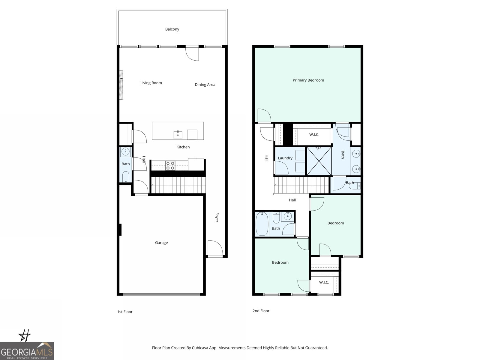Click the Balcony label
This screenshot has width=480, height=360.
(x=172, y=29)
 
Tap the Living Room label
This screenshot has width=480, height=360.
(x=151, y=83)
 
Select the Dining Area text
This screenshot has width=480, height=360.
(x=205, y=85)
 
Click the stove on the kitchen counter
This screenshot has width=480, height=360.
(x=170, y=166)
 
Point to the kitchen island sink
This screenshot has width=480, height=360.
(x=178, y=135)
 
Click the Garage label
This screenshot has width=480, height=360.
(x=161, y=243)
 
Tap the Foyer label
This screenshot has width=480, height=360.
(x=217, y=217)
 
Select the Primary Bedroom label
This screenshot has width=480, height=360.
(x=308, y=80)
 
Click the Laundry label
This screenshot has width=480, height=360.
(x=285, y=158)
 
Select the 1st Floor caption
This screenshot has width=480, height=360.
(x=125, y=312)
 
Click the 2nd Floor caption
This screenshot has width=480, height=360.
(x=261, y=311)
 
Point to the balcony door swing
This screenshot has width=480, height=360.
(x=192, y=53)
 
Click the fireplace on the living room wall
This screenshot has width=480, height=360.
(x=121, y=85)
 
